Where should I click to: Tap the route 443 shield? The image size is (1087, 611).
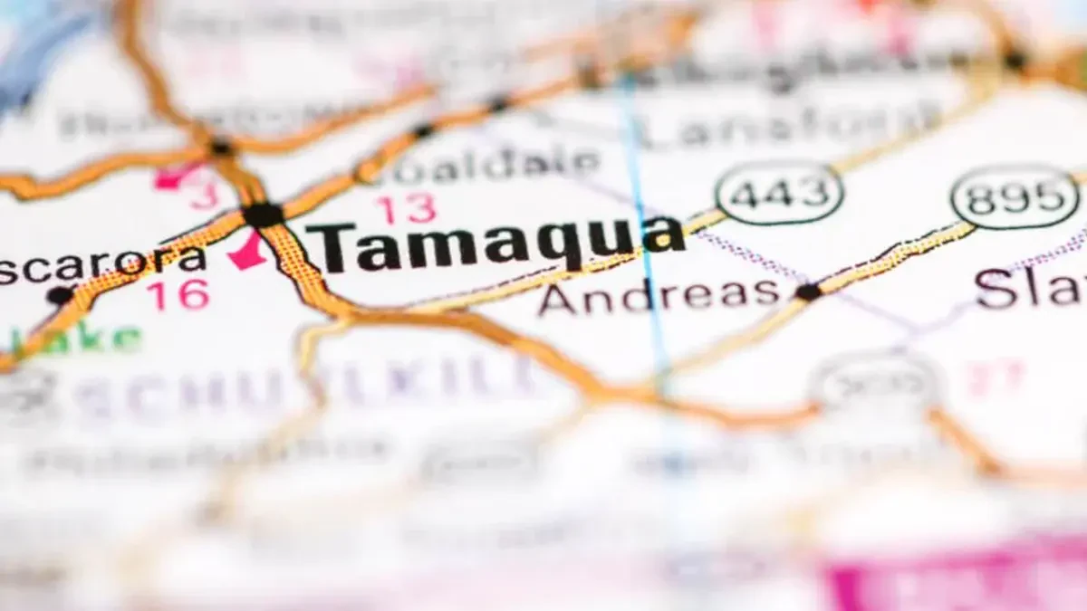coord(778,193)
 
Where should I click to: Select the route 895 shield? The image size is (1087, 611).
coord(1015,196)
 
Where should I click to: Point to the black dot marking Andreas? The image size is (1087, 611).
coord(807,291)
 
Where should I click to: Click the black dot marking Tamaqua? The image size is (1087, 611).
coord(263,215)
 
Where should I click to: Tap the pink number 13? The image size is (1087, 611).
coord(407,209)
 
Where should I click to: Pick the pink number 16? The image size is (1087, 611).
coord(178,295)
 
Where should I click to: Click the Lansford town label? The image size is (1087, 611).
coord(788,126)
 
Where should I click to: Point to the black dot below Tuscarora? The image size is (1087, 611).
coord(60,295)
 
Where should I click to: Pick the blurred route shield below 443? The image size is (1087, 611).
coord(874,384)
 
